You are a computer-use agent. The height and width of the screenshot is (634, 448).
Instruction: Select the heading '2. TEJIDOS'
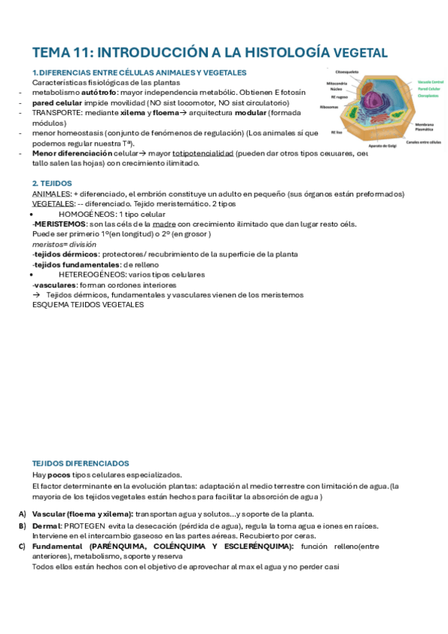point(51,183)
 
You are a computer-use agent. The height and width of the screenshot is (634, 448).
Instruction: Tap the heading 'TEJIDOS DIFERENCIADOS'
point(80,464)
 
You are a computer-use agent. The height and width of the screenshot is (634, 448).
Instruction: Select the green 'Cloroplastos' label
point(429,96)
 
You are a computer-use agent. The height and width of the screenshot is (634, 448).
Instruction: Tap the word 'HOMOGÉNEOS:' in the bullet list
point(88,214)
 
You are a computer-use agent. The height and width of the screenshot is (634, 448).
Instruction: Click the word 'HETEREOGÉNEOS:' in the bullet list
point(94,274)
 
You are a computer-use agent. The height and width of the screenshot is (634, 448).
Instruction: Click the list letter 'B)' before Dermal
point(22,526)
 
